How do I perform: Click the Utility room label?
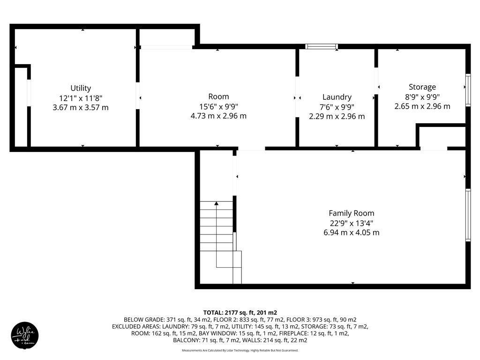tap(81, 88)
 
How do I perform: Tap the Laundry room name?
tap(337, 97)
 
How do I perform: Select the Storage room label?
tap(422, 87)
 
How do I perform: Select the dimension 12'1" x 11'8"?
tap(81, 98)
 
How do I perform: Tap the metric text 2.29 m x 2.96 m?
tap(337, 116)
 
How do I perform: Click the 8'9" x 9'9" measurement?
tap(422, 97)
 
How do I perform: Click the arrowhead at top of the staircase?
tap(217, 203)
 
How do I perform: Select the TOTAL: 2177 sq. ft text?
tap(240, 312)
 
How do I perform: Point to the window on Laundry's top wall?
tap(322, 46)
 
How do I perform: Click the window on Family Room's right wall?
tap(467, 215)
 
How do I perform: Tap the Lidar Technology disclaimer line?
tap(240, 350)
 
